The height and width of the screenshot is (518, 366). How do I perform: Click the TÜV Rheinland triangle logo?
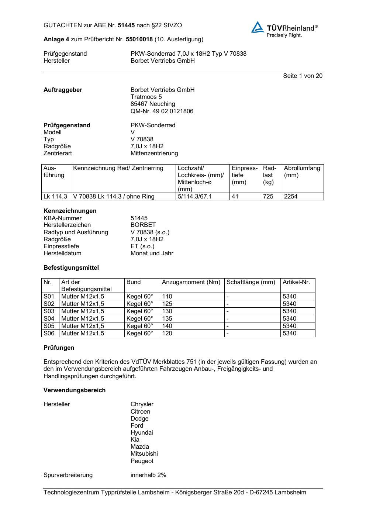pos(258,27)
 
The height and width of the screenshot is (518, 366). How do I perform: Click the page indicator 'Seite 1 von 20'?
pos(303,76)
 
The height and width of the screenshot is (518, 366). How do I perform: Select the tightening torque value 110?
pos(167,296)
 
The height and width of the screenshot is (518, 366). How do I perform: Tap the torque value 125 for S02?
pos(167,304)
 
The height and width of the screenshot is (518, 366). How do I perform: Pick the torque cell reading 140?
pos(167,326)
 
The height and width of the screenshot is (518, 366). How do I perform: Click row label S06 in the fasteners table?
pos(49,333)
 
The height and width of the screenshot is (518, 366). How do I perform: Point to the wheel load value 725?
pos(268,196)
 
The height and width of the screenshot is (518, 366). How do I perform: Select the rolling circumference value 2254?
pos(291,196)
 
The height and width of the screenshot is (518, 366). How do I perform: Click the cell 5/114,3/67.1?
pos(195,196)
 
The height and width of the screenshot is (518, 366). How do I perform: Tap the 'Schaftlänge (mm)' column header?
pos(251,282)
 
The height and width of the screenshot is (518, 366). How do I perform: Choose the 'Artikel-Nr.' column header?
pos(296,282)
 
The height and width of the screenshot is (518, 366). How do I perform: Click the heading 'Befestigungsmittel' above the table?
pos(71,267)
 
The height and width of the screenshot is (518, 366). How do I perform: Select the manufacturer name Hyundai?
pos(142,432)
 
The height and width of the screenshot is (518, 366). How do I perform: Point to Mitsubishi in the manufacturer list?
pos(144,453)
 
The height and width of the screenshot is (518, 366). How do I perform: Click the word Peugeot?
pos(142,461)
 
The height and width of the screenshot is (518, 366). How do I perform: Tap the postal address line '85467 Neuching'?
pos(153,104)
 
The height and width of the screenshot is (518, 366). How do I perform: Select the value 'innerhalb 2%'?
pos(148,475)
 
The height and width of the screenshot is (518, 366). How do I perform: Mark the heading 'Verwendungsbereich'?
pos(75,390)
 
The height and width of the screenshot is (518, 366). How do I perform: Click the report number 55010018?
pos(139,39)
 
